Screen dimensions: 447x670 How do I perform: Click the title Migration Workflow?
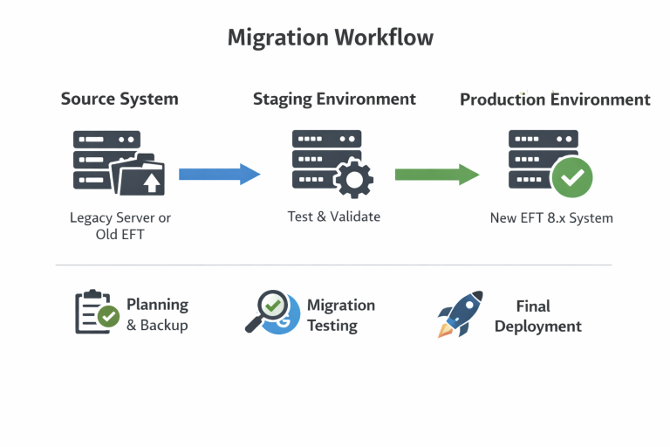point(330,38)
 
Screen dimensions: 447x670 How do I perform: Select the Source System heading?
point(120,99)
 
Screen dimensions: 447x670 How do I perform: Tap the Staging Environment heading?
point(334,99)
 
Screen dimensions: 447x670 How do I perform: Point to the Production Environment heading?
point(555,100)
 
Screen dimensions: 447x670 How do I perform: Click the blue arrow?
point(219,175)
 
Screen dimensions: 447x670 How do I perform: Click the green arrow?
point(436,175)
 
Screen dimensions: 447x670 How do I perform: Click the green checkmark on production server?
point(573,177)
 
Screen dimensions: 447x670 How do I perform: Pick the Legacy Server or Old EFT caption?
point(120,225)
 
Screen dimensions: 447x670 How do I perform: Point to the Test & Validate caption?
point(334,217)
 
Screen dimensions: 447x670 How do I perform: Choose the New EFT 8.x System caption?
point(551,218)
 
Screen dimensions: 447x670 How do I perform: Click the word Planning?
point(157,305)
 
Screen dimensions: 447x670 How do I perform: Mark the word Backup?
point(166,326)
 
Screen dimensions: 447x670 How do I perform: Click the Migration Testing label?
point(339,315)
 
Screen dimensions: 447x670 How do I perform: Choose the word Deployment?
point(537,327)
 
